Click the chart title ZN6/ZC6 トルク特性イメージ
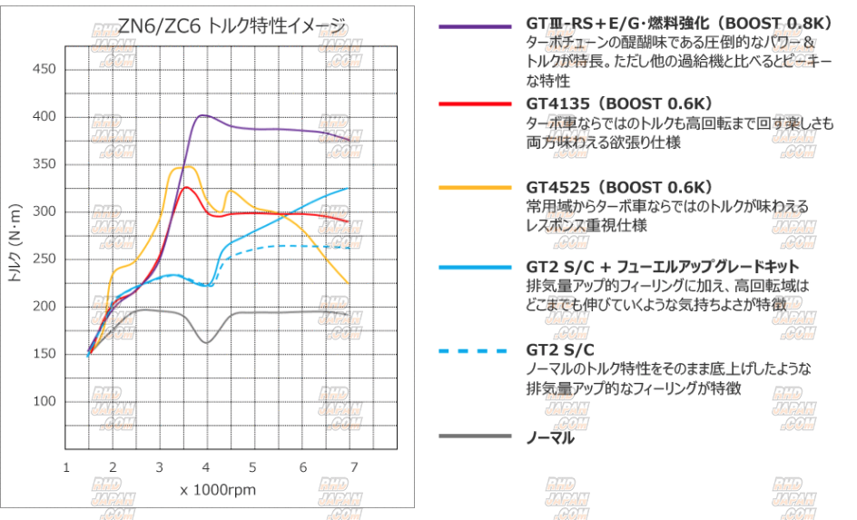[x=231, y=25]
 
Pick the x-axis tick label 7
[x=354, y=468]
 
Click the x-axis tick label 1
[x=66, y=468]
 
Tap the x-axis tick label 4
[x=209, y=468]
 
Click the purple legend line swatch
[x=474, y=26]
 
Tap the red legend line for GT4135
[x=474, y=104]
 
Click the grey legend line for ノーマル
[x=474, y=437]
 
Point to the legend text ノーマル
[x=550, y=437]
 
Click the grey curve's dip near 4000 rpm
[x=207, y=342]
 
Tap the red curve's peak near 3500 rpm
[x=185, y=187]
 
